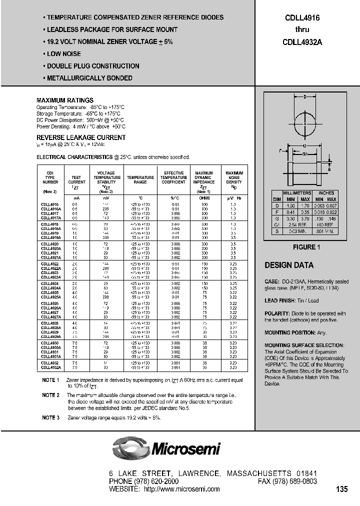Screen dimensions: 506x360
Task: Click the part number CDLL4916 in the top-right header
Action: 303,17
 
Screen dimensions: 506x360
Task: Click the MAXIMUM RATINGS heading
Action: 65,100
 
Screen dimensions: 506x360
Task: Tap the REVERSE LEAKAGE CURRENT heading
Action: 81,137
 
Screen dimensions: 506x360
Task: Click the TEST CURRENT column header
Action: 76,180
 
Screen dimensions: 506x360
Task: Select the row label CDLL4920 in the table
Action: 49,243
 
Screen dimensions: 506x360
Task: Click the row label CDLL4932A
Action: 50,367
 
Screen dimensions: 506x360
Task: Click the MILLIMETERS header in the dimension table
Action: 296,193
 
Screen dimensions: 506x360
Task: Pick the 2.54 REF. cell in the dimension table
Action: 296,225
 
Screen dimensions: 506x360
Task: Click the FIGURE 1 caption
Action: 304,247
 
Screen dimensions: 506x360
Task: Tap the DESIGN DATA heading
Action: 289,265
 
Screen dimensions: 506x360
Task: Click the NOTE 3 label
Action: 50,417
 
